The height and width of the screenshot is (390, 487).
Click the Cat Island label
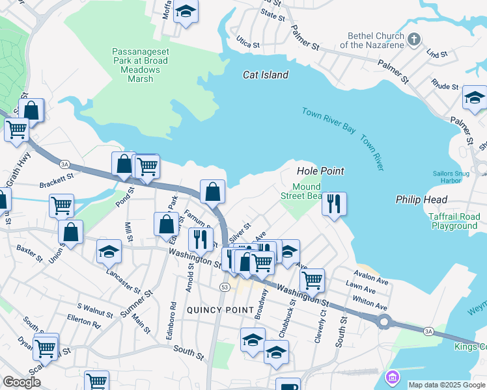click(266, 75)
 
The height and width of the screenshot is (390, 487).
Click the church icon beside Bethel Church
click(412, 40)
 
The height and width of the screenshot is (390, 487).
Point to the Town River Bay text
click(329, 121)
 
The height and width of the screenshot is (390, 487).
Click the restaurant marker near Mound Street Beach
click(334, 203)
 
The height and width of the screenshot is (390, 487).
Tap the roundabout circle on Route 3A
click(384, 321)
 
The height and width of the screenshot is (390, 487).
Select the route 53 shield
click(225, 287)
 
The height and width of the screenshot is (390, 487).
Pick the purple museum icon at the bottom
click(392, 377)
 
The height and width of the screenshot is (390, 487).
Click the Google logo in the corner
click(21, 382)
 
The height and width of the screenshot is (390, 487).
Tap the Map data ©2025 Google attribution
click(447, 385)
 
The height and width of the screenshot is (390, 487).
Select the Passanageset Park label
click(140, 65)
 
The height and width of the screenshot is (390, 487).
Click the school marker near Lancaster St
click(109, 251)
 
